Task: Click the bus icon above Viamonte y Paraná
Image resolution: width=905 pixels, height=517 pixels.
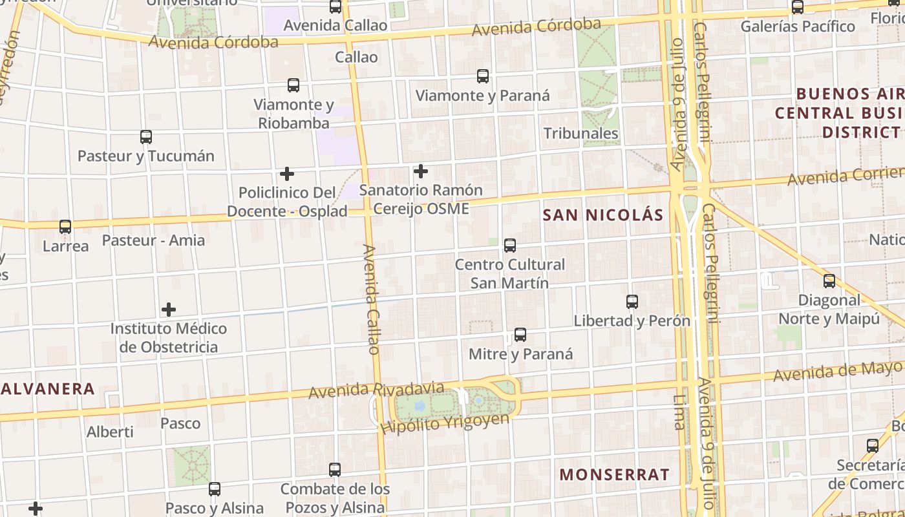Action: click(x=483, y=76)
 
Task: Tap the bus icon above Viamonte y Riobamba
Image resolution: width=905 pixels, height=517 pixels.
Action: click(x=293, y=85)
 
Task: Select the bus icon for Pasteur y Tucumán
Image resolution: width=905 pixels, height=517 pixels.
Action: click(x=146, y=137)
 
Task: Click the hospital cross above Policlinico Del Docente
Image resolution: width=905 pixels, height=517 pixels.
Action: click(x=287, y=174)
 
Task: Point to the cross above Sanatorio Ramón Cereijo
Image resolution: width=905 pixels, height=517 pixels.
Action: click(x=421, y=171)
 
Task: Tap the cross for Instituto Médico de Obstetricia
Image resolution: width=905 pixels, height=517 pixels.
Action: click(x=169, y=310)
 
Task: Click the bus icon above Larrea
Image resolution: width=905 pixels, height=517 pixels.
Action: click(x=65, y=227)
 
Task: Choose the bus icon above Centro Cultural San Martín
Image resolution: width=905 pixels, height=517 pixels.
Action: click(x=510, y=246)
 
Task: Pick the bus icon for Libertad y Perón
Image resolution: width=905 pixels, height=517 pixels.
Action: click(x=632, y=302)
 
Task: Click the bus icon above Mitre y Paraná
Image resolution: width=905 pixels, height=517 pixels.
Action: click(x=520, y=335)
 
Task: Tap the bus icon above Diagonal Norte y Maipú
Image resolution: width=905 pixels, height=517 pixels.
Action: click(x=829, y=281)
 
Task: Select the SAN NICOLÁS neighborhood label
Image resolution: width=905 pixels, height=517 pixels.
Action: click(x=603, y=215)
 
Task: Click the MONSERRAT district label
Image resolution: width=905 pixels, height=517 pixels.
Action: click(x=614, y=474)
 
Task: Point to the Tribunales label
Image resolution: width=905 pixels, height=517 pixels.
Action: click(x=580, y=134)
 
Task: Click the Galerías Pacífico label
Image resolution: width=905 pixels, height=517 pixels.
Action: click(x=798, y=26)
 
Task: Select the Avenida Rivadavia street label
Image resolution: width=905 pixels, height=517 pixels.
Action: click(x=376, y=390)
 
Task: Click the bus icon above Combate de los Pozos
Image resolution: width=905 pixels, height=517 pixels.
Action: click(x=335, y=470)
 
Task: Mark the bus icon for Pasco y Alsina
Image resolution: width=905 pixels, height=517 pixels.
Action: click(x=215, y=489)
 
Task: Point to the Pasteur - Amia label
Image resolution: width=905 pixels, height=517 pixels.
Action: click(x=153, y=240)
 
